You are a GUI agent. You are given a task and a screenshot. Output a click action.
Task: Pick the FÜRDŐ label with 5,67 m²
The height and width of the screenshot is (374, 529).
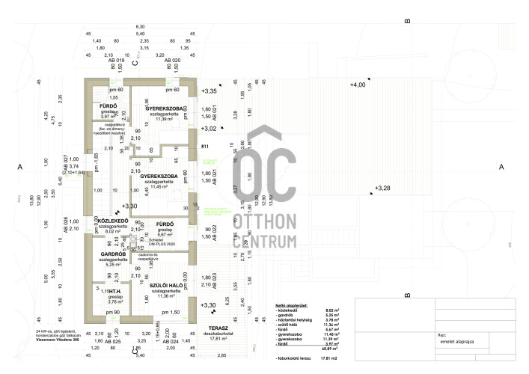pos(165,224)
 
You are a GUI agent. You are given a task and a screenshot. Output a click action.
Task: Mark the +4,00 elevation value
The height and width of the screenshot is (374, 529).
pos(358,85)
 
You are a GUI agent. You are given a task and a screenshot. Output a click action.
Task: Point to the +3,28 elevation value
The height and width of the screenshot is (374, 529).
pos(382,188)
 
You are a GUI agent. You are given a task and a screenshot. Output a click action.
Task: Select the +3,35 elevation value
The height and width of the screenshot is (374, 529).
pos(210,91)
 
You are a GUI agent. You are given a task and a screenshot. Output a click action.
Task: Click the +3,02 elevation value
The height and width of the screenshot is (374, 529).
pos(210,128)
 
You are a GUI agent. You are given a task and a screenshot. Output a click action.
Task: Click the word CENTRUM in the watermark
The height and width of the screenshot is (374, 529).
pos(266,242)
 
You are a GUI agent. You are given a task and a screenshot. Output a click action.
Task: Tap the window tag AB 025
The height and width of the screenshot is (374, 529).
pos(111,341)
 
